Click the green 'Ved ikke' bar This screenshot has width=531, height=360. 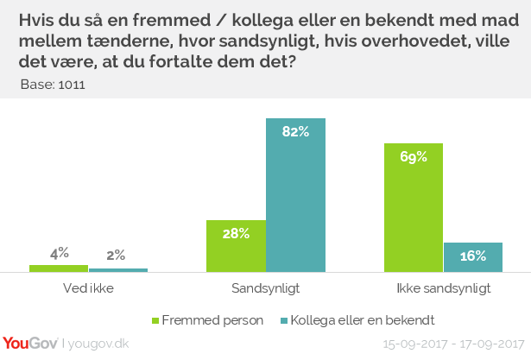[59, 268]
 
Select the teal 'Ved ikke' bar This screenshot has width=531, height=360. [118, 270]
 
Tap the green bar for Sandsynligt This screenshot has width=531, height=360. [236, 246]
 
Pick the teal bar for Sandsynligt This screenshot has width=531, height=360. [295, 195]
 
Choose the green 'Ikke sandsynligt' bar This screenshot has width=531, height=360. [414, 207]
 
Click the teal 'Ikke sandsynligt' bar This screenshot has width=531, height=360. [473, 257]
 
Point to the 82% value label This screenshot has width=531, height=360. [295, 132]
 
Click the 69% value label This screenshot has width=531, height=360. [414, 157]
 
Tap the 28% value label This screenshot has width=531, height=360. [236, 233]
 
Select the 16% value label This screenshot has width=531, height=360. [473, 256]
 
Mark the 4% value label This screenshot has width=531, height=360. [59, 254]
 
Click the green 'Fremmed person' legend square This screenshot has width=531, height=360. [156, 320]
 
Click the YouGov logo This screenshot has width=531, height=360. [30, 344]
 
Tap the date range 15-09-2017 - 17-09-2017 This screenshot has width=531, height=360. [454, 344]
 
